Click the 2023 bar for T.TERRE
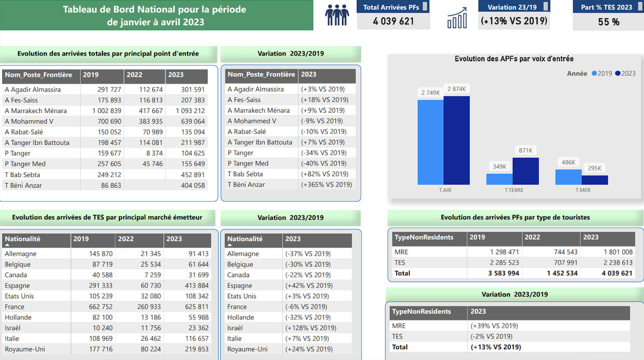click(526, 171)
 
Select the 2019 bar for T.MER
click(569, 177)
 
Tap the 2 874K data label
click(456, 89)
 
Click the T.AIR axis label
click(445, 190)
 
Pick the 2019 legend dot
click(594, 73)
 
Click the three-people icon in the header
click(337, 15)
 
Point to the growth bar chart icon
click(457, 18)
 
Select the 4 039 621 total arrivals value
click(393, 21)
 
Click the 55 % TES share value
click(609, 22)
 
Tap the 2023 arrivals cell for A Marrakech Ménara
click(190, 111)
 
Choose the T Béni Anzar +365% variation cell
click(326, 185)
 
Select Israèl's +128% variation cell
click(311, 328)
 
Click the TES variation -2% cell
click(491, 336)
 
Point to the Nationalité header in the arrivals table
click(23, 239)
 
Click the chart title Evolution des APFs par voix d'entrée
click(514, 59)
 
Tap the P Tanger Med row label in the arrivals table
click(25, 164)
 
